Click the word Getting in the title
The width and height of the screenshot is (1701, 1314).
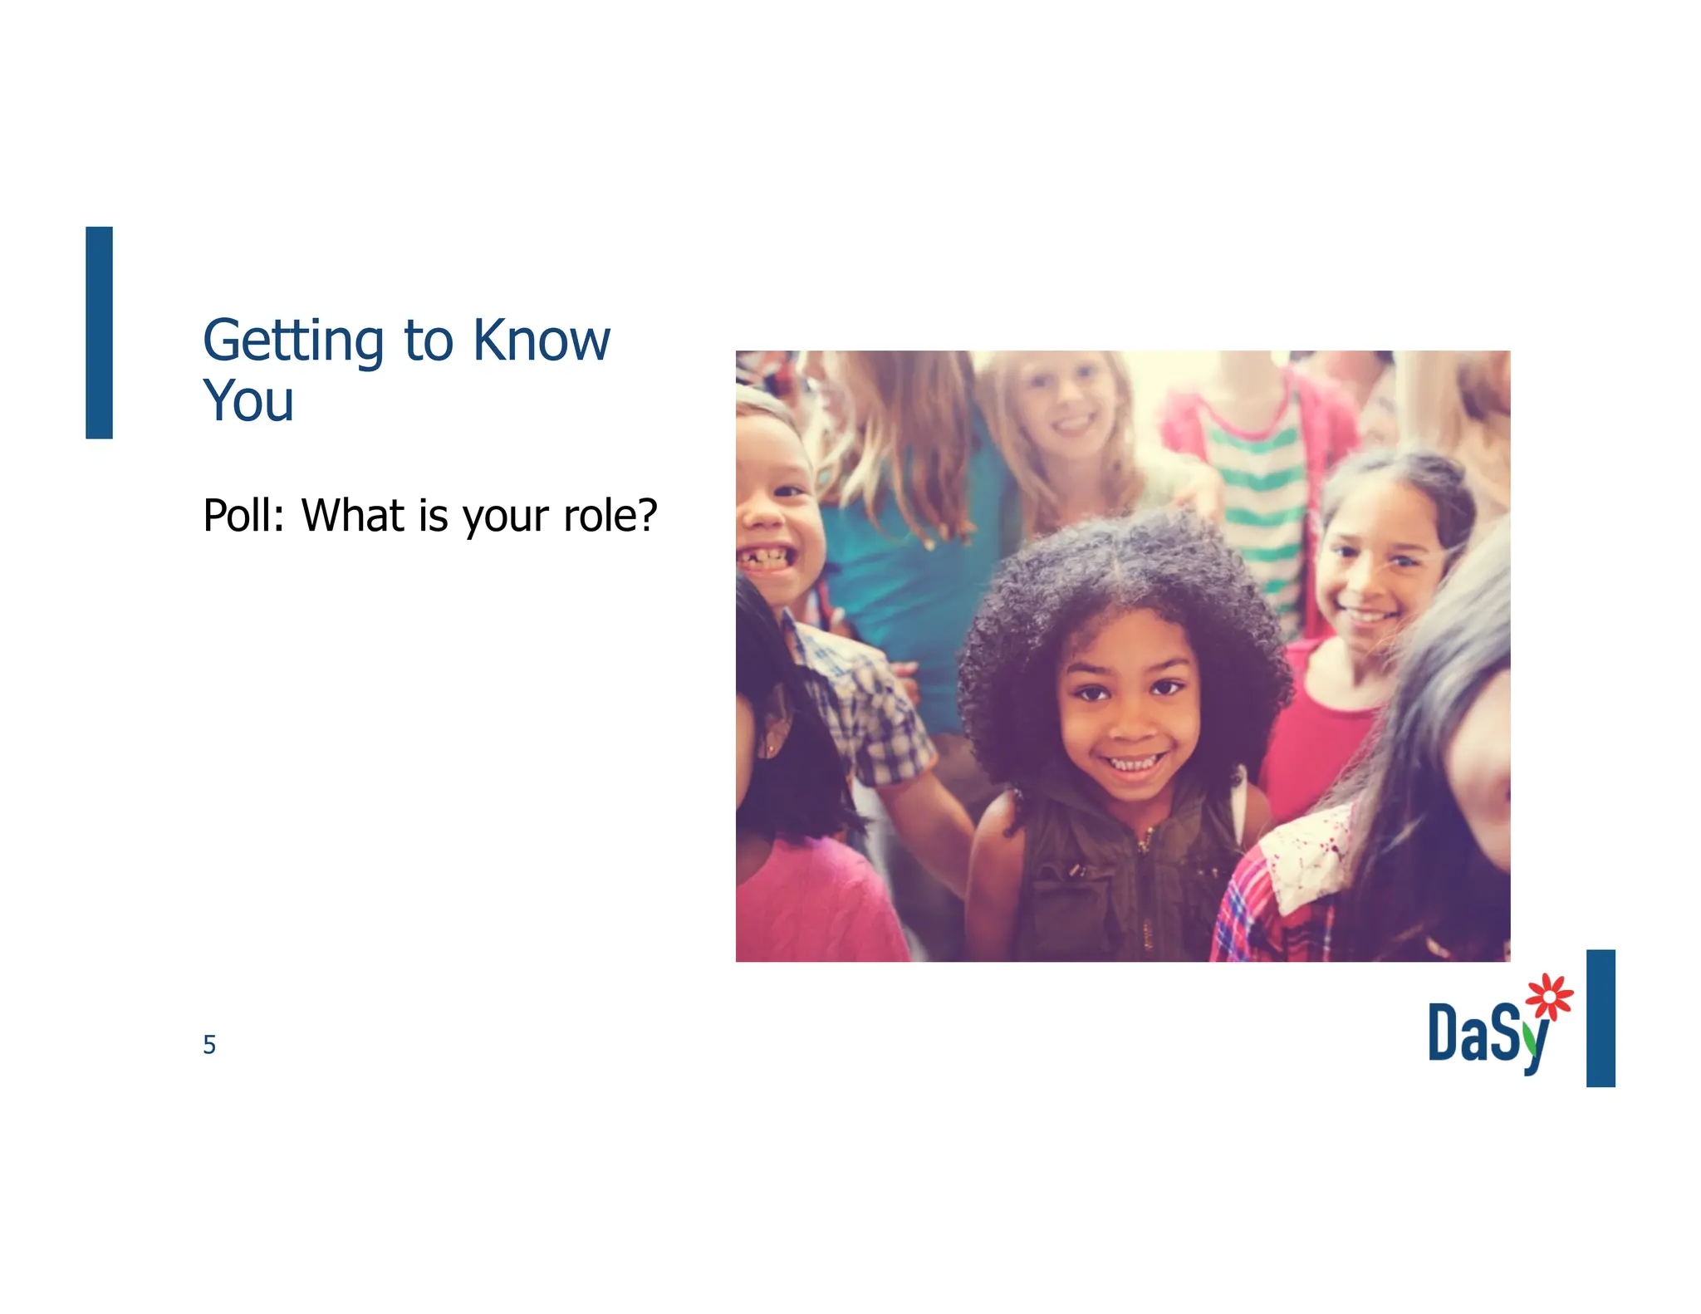[x=292, y=341]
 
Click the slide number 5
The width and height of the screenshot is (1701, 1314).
[x=209, y=1045]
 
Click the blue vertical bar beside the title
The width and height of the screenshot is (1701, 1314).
[x=99, y=332]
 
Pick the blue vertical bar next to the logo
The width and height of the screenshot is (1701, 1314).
[x=1601, y=1017]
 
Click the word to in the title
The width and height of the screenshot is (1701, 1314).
[x=429, y=341]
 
